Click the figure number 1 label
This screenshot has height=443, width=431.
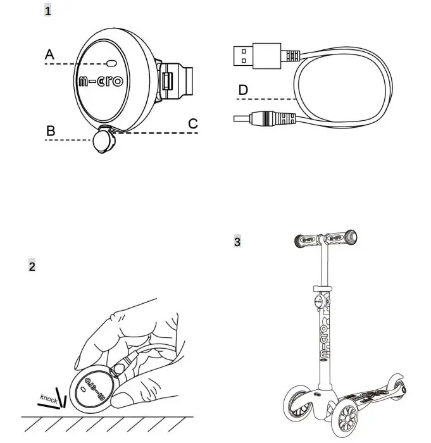coord(48,11)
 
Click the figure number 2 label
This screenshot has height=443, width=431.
coord(32,266)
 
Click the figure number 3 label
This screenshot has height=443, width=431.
coord(237,241)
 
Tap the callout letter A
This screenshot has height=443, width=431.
coord(50,56)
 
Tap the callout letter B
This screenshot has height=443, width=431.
coord(51,131)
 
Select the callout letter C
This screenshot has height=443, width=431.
coord(193,123)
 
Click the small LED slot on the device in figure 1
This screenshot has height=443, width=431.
coord(113,64)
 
